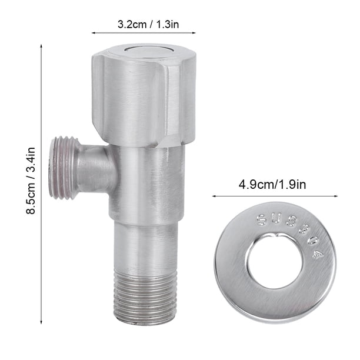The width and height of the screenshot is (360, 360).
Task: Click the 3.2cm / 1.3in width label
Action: click(148, 25)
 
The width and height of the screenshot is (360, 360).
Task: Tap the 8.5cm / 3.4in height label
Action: click(31, 181)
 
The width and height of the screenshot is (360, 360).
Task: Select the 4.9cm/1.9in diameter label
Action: click(272, 185)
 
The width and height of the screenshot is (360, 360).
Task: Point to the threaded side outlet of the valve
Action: click(62, 168)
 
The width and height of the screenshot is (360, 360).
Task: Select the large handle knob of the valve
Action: click(144, 95)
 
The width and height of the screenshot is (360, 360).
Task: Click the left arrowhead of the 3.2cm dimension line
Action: click(93, 33)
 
